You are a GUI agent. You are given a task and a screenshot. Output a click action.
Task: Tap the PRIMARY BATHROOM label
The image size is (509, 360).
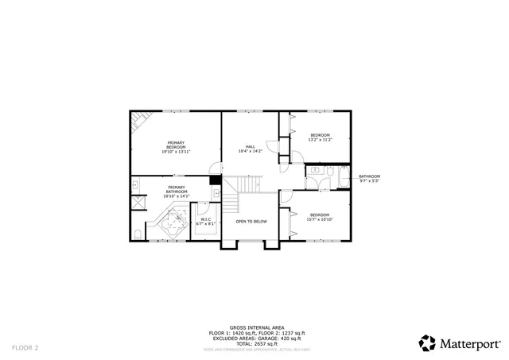(x=176, y=190)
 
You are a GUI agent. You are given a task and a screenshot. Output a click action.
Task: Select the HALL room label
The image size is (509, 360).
(x=250, y=148)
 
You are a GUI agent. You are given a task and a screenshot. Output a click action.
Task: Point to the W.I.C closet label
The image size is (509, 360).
(x=205, y=222)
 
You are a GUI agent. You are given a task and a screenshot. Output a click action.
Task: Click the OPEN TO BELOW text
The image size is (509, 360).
(x=251, y=222)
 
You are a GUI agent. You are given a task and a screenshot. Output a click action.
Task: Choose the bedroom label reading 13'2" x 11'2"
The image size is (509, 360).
(x=320, y=137)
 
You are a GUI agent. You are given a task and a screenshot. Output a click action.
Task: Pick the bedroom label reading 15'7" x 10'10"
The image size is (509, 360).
(x=320, y=216)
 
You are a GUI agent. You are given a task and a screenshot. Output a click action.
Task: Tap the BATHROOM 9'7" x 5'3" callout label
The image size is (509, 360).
(x=369, y=178)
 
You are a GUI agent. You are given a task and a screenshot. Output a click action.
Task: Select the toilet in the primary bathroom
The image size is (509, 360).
(x=138, y=234)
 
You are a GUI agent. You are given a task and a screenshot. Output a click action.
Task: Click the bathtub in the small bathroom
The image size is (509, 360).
(x=343, y=177)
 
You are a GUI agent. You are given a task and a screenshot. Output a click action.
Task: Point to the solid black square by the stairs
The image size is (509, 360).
(x=215, y=180)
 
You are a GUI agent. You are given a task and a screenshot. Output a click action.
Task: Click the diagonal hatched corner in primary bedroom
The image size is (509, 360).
(x=138, y=122)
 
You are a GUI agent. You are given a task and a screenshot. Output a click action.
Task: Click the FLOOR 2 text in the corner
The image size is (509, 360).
(x=25, y=347)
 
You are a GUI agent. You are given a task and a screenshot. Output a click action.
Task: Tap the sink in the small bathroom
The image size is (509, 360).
(x=315, y=170)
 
